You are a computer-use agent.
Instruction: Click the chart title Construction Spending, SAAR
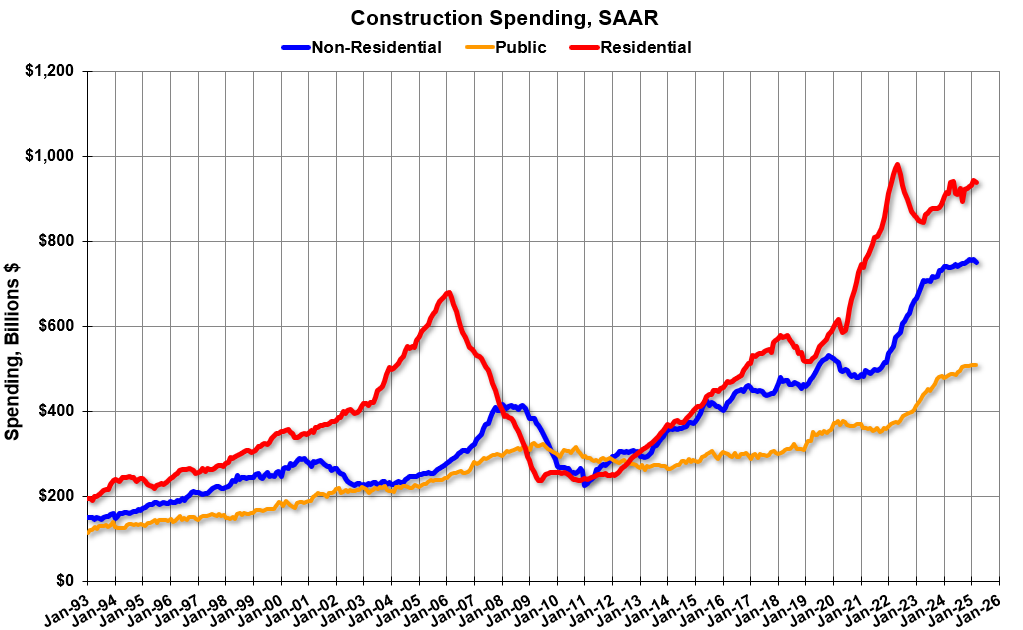click(511, 17)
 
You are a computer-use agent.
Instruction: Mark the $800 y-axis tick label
click(58, 241)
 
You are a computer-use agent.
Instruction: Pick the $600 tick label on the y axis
click(58, 326)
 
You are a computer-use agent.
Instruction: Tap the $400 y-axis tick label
click(58, 411)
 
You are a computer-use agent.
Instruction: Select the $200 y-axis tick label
click(58, 496)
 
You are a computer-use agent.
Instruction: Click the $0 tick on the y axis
click(66, 581)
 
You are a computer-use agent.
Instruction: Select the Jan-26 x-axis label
click(984, 606)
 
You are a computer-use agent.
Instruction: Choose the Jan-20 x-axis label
click(818, 606)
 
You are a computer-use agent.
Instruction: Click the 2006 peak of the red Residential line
click(448, 293)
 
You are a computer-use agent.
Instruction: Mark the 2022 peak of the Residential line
click(897, 165)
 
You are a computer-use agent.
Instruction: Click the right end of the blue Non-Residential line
click(976, 263)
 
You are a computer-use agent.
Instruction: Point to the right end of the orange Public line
click(976, 365)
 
